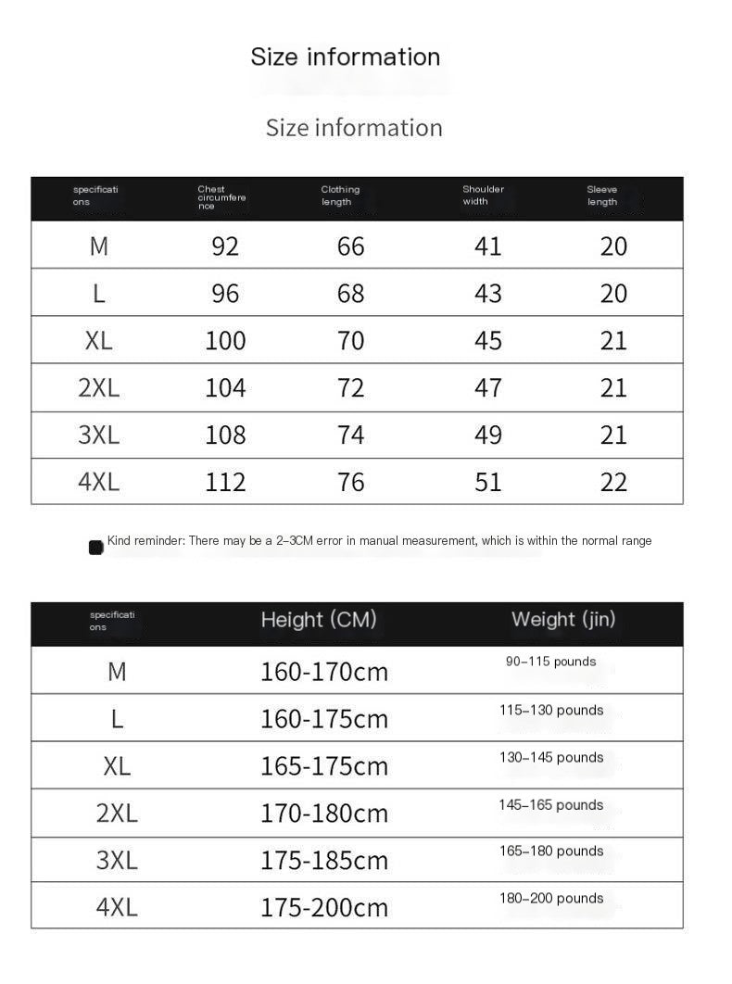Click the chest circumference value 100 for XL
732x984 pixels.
tap(225, 340)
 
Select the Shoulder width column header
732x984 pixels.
tap(483, 196)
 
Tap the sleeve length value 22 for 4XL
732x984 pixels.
tap(613, 482)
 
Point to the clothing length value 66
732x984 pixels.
tap(351, 246)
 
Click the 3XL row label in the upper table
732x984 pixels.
tap(98, 435)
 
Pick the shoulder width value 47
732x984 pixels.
tap(487, 387)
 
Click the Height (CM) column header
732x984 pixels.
tap(319, 620)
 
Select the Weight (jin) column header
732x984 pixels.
tap(563, 619)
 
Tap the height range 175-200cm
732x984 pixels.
tap(323, 907)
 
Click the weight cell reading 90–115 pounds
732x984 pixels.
tap(550, 662)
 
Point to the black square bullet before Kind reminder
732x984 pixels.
tap(95, 548)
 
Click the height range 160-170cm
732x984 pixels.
tap(323, 671)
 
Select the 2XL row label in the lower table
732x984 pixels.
tap(117, 813)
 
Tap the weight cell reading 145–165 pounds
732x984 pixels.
tap(550, 804)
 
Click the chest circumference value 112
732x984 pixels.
tap(225, 482)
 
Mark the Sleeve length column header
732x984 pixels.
tap(601, 196)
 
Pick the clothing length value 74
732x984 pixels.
tap(351, 435)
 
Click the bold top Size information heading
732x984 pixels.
tap(345, 57)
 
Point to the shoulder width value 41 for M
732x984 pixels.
tap(487, 246)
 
